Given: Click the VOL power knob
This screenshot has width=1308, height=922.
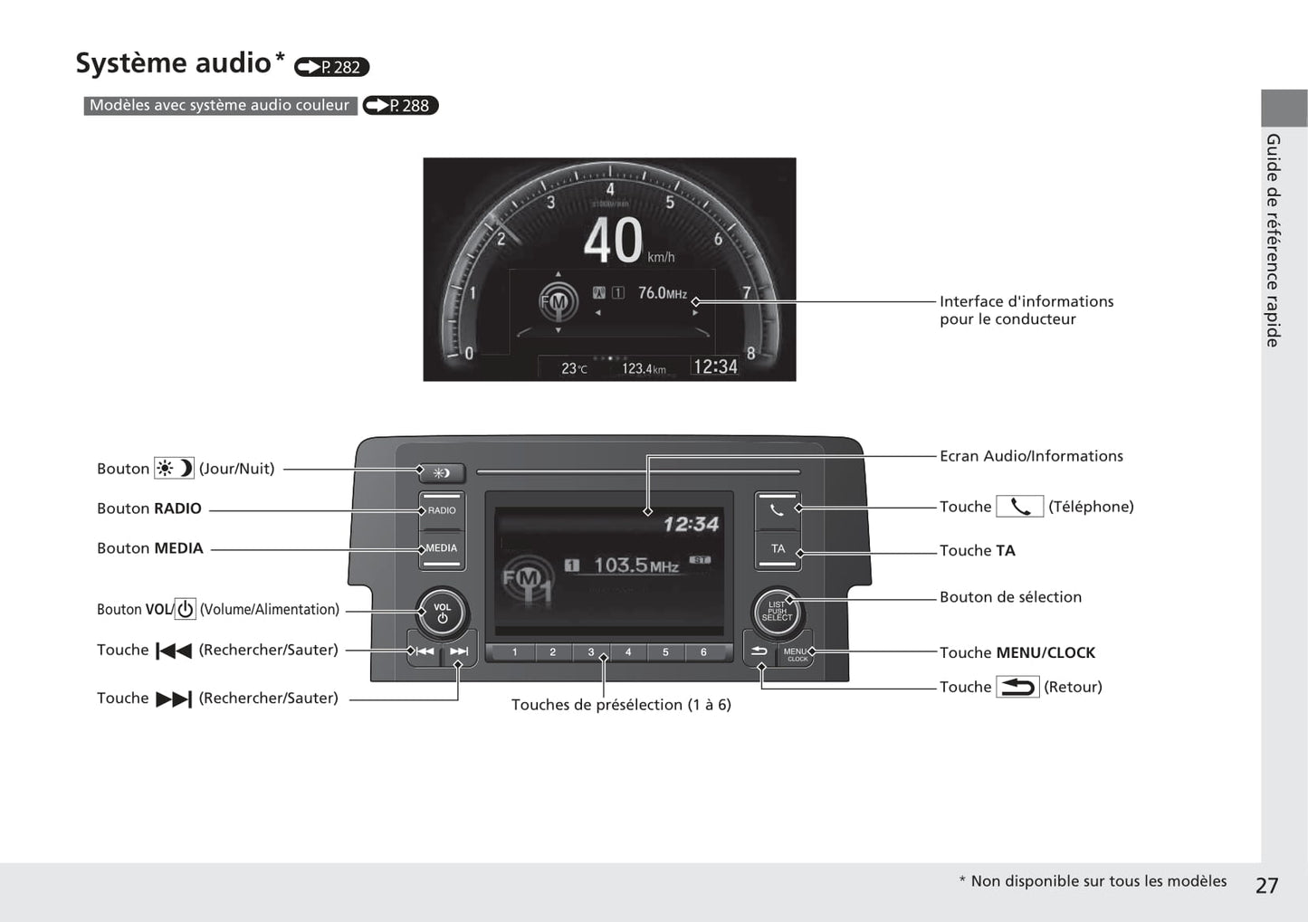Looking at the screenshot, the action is [442, 613].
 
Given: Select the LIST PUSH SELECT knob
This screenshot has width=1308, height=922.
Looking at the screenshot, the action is [777, 613].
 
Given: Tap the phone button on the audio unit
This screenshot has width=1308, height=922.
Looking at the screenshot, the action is [778, 510].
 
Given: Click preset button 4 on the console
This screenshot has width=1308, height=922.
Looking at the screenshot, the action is [627, 651].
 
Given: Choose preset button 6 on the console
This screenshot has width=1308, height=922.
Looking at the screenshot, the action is [703, 651].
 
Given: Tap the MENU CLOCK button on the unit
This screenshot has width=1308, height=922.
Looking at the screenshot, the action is [796, 653].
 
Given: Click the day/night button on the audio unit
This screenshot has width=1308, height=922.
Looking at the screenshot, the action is [442, 472].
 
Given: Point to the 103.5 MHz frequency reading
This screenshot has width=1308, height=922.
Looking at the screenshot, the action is [636, 565].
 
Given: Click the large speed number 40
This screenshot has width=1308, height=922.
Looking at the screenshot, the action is [613, 241].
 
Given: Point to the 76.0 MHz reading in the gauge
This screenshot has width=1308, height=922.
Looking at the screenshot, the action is [663, 292].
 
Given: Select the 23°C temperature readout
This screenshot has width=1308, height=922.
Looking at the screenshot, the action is [574, 368].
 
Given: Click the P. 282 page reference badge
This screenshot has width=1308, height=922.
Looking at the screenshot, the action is [331, 67].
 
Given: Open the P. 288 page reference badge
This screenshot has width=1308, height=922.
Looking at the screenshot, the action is [401, 105].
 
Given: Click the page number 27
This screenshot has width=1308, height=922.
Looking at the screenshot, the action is [1266, 886].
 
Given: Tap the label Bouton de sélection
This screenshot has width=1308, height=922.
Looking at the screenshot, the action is [1010, 597].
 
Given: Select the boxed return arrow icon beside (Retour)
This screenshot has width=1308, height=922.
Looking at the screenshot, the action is [1017, 687].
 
